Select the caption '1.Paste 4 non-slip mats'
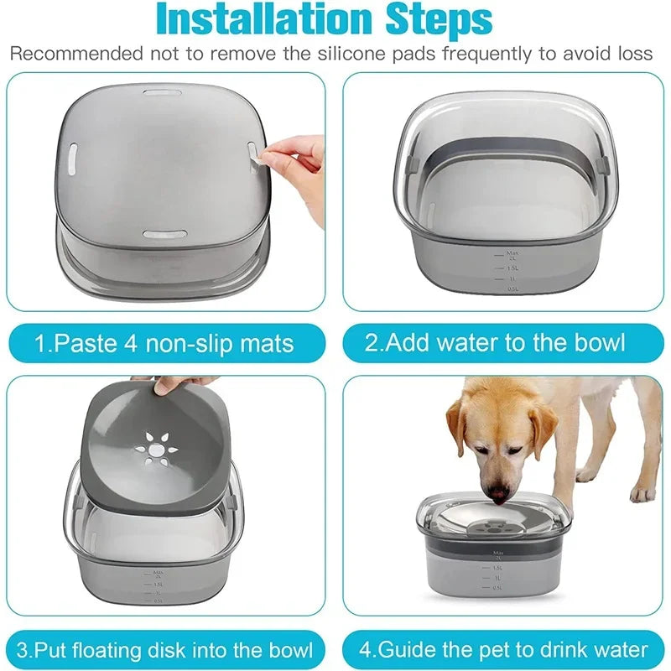[x=164, y=343]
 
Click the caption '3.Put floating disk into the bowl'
[x=165, y=650]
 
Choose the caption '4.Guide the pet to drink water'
[x=504, y=650]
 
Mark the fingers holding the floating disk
[x=173, y=384]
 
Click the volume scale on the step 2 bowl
[x=508, y=268]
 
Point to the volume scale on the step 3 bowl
[x=155, y=585]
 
